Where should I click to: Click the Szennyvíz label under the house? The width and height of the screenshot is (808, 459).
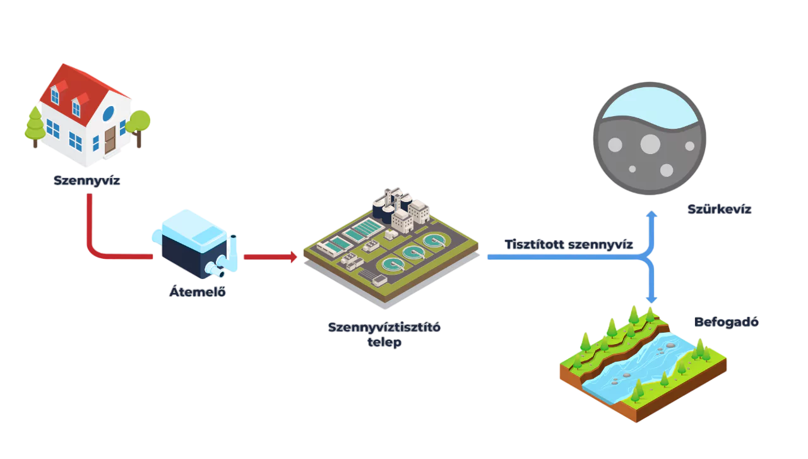87,181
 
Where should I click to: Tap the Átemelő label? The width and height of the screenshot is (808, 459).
198,292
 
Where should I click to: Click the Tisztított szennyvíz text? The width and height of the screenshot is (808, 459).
568,244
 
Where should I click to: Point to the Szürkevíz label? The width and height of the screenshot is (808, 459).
719,210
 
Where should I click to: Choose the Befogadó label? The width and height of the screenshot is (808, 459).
727,322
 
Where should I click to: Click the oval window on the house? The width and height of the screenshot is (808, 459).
108,114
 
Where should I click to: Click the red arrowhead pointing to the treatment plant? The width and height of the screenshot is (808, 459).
291,257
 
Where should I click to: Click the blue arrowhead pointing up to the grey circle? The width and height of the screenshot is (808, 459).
652,215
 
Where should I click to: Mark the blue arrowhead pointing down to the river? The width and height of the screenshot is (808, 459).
652,298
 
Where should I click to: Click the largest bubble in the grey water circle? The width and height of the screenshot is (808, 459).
650,145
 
